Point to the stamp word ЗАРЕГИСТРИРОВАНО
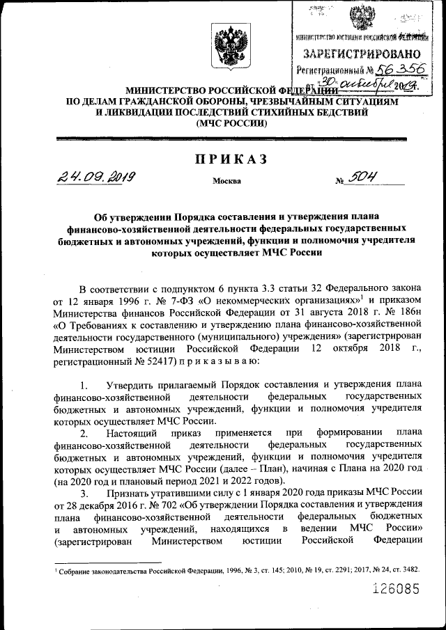[x=361, y=54]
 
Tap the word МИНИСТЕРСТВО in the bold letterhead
[x=166, y=91]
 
